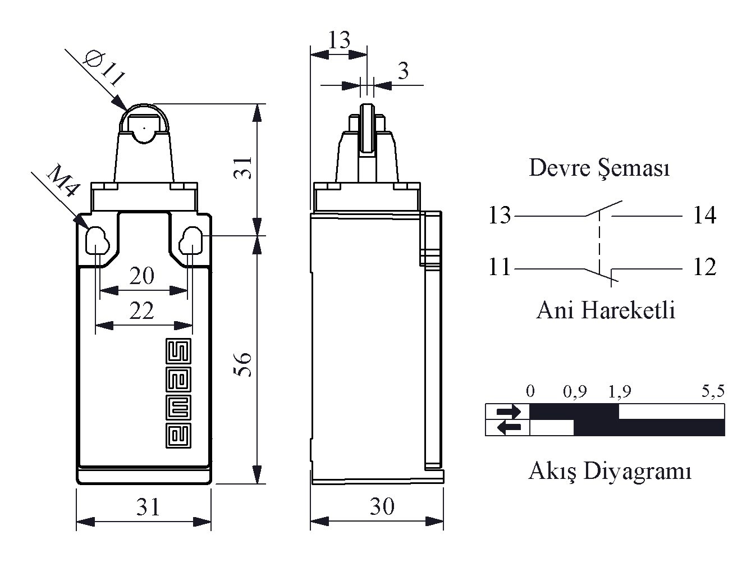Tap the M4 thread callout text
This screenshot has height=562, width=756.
click(x=63, y=181)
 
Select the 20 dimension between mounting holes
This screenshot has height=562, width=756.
click(x=142, y=276)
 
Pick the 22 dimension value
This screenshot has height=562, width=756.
click(x=141, y=310)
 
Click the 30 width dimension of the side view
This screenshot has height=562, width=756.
click(x=382, y=506)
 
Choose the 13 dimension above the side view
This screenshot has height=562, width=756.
click(x=339, y=40)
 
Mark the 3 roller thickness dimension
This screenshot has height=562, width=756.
click(x=403, y=71)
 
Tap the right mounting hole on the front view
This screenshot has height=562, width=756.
click(x=191, y=241)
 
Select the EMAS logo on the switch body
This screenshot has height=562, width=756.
click(x=178, y=393)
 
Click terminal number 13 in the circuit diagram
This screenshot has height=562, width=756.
click(x=500, y=216)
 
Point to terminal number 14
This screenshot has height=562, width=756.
click(x=705, y=216)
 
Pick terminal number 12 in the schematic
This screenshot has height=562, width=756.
click(x=705, y=267)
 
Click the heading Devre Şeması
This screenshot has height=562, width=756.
click(x=599, y=168)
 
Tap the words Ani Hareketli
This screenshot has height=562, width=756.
click(x=606, y=310)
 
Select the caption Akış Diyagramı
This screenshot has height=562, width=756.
click(x=610, y=471)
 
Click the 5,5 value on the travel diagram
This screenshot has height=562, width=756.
click(x=713, y=391)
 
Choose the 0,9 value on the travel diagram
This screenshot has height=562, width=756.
click(x=575, y=391)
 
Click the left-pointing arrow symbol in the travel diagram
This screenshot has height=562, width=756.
click(x=509, y=427)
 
